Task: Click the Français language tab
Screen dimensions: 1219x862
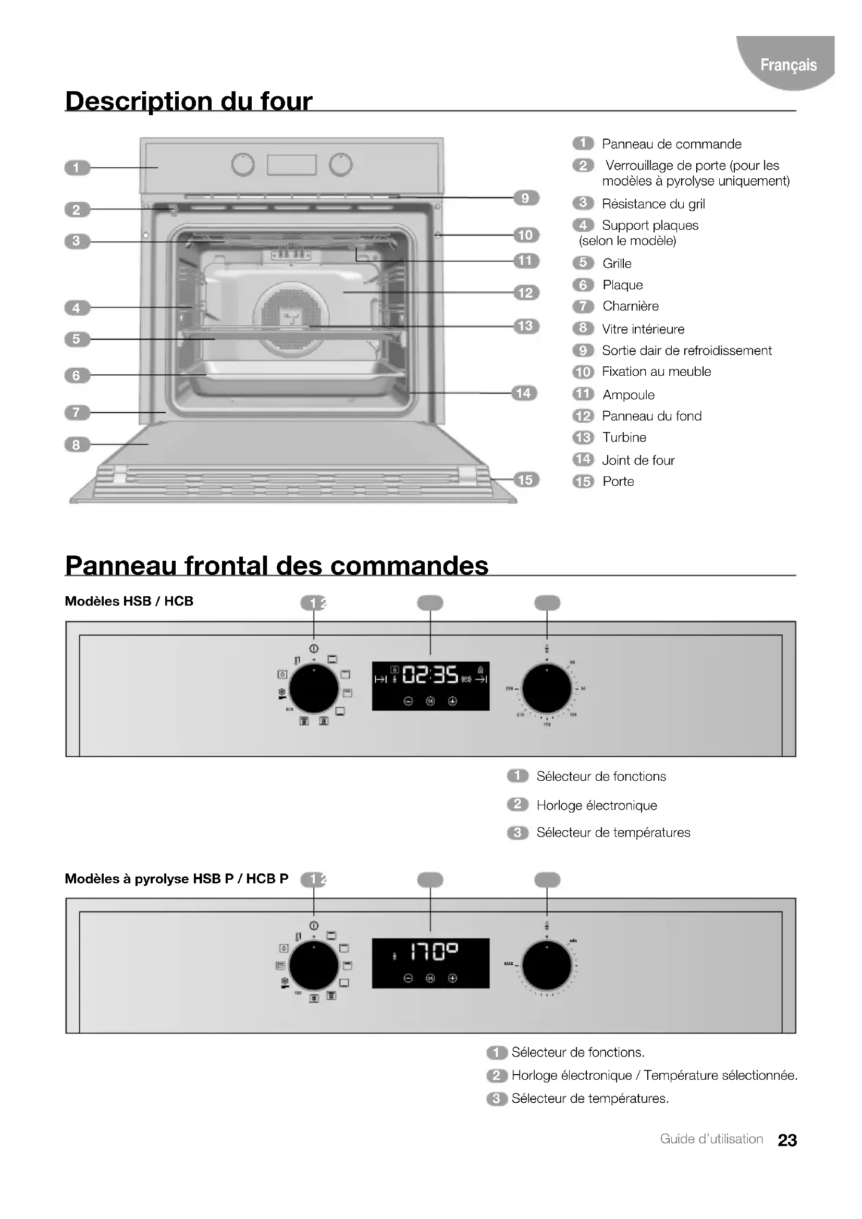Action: tap(787, 65)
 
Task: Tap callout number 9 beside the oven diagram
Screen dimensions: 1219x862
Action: tap(525, 198)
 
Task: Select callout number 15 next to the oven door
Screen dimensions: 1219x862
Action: tap(525, 480)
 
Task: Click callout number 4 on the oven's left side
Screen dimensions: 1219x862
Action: tap(77, 308)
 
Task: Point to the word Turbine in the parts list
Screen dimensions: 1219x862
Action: tap(624, 437)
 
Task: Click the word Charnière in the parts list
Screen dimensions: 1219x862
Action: tap(631, 306)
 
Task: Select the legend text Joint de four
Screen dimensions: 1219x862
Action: tap(638, 460)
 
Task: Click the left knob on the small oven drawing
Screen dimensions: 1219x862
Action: tap(243, 165)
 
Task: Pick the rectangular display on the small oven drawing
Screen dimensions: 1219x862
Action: tap(291, 165)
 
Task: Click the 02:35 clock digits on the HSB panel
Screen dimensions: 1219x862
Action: tap(430, 675)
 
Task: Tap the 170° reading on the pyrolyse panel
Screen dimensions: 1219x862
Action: tap(434, 952)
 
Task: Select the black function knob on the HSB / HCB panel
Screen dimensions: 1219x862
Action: tap(314, 688)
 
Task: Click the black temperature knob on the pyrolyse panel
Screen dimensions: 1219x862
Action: tap(547, 966)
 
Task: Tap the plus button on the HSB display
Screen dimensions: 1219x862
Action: tap(452, 701)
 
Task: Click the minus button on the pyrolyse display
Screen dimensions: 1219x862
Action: tap(408, 979)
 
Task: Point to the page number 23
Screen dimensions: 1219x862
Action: tap(787, 1140)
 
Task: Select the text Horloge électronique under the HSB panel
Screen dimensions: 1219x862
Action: tap(597, 805)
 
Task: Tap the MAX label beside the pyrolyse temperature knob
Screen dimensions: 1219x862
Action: tap(509, 964)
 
